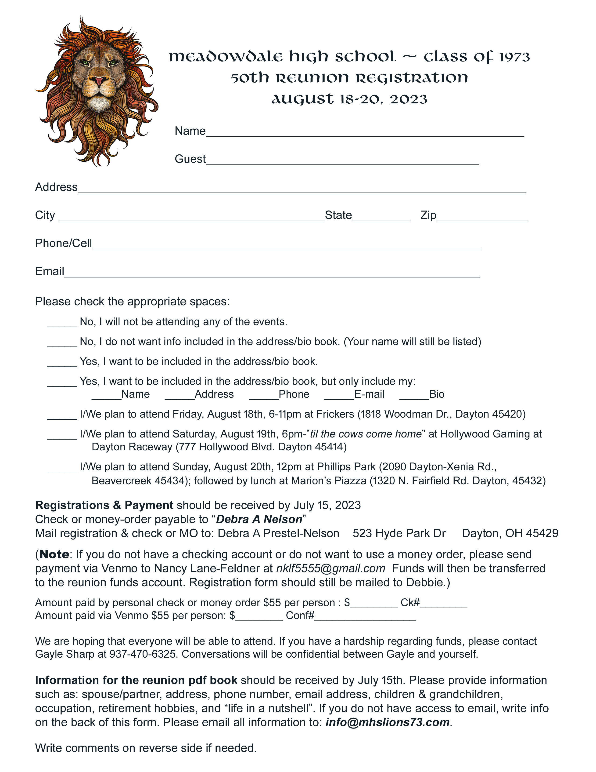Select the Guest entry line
[342, 161]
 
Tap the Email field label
[49, 271]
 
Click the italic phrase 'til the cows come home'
[366, 434]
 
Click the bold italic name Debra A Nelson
[259, 519]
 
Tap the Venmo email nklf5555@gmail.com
[330, 568]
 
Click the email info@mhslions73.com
[387, 722]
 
